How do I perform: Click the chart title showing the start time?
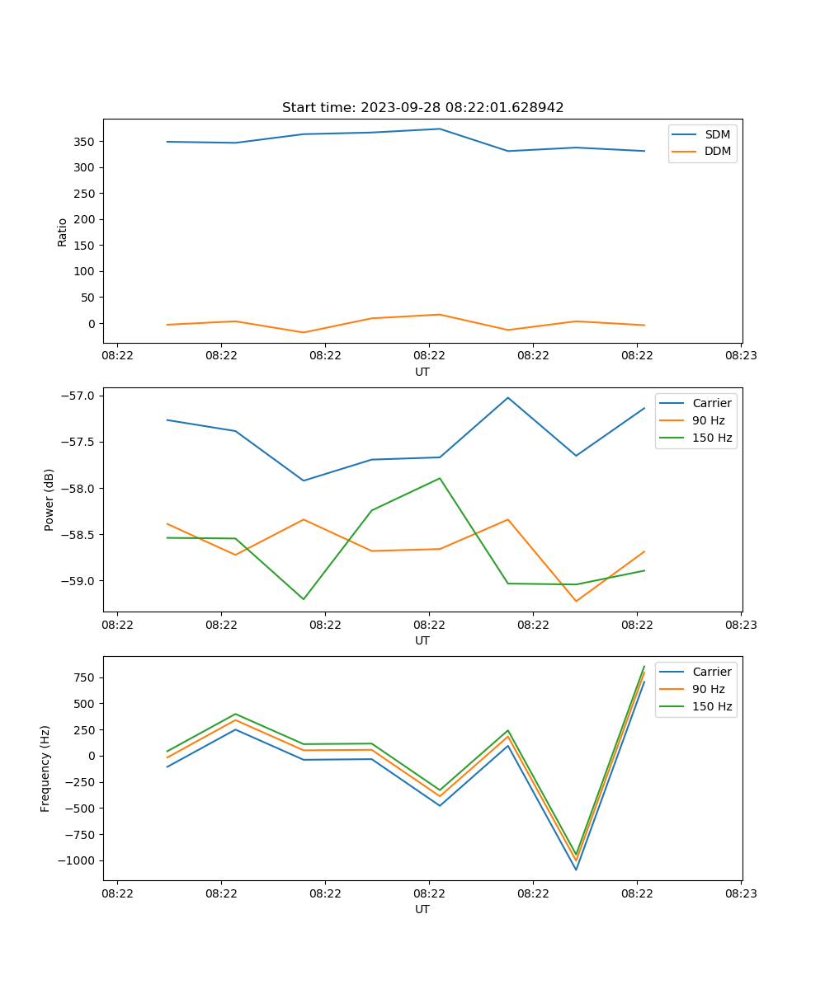pos(422,108)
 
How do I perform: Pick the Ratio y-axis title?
pos(63,232)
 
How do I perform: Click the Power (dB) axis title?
pos(49,499)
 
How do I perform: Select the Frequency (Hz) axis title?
pos(45,768)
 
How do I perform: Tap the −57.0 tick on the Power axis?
pos(81,396)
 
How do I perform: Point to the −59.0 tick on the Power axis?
pos(81,581)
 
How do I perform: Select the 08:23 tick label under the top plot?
pos(741,356)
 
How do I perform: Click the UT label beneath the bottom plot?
pos(422,909)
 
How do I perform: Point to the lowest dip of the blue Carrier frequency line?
pos(576,869)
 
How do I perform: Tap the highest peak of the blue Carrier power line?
pos(508,397)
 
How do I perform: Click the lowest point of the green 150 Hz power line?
pos(304,599)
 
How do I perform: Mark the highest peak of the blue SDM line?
pos(440,129)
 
